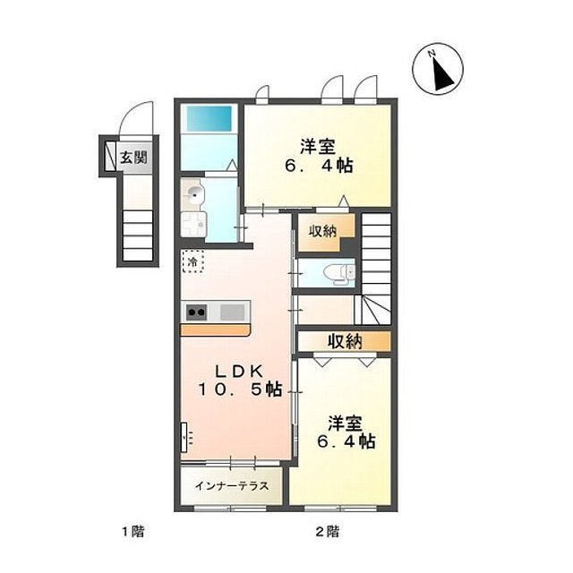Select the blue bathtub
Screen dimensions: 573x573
206,120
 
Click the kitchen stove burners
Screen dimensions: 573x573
198,312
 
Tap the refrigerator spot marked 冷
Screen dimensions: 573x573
192,262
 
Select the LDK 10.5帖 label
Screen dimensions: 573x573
238,381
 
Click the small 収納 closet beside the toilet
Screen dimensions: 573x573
323,232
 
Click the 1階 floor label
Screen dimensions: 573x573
133,532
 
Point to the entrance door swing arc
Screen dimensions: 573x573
136,122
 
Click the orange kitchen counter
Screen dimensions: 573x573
216,329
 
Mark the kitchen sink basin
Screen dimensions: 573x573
233,312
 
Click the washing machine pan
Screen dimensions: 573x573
194,224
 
